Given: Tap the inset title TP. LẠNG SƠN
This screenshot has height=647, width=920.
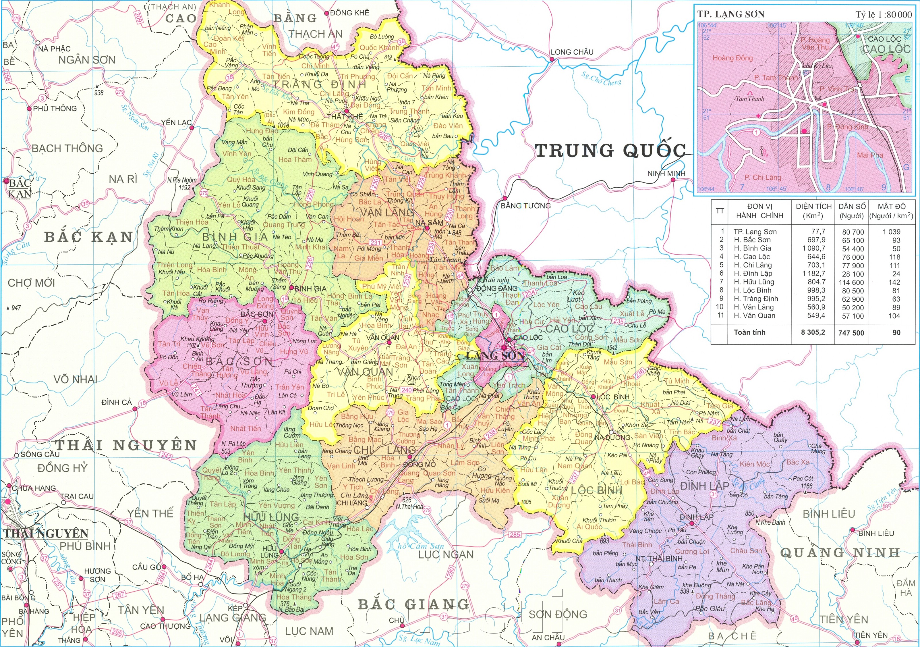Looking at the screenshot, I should [730, 14].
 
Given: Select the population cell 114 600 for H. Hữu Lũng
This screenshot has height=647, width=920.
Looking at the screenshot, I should [851, 282].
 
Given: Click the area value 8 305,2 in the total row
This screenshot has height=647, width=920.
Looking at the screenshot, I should [813, 332].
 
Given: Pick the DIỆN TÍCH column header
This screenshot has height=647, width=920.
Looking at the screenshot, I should [813, 211].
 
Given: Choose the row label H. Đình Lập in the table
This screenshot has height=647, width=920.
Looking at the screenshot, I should [753, 274].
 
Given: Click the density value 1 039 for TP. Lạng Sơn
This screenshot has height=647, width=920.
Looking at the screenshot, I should [891, 232].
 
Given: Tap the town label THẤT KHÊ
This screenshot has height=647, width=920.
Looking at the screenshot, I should [345, 117].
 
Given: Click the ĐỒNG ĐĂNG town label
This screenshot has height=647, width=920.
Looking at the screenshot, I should [497, 288].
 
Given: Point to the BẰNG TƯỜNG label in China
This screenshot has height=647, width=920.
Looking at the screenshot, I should [525, 206].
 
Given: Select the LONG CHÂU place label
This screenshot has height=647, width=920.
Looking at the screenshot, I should [572, 52].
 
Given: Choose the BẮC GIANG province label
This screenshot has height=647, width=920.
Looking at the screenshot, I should [413, 604].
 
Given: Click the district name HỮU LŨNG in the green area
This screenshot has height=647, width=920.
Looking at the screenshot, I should [270, 517].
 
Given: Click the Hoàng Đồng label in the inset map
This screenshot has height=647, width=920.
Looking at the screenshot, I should [732, 58].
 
